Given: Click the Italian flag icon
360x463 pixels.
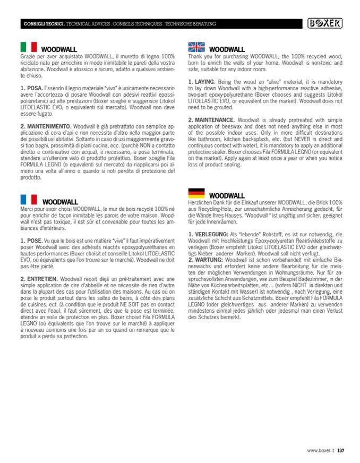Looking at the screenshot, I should pyautogui.click(x=28, y=47).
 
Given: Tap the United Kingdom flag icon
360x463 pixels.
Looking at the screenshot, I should pyautogui.click(x=196, y=47).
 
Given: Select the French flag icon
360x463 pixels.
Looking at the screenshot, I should pyautogui.click(x=28, y=200).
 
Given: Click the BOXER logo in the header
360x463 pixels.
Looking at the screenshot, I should pyautogui.click(x=325, y=23).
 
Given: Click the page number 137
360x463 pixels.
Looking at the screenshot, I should pyautogui.click(x=341, y=451).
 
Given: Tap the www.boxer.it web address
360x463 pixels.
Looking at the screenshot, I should pyautogui.click(x=321, y=451).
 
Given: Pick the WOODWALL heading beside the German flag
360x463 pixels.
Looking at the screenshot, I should pyautogui.click(x=227, y=196).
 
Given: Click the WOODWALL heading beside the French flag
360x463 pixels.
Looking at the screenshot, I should pyautogui.click(x=60, y=202).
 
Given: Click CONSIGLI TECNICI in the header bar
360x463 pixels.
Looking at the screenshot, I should pyautogui.click(x=44, y=24).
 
